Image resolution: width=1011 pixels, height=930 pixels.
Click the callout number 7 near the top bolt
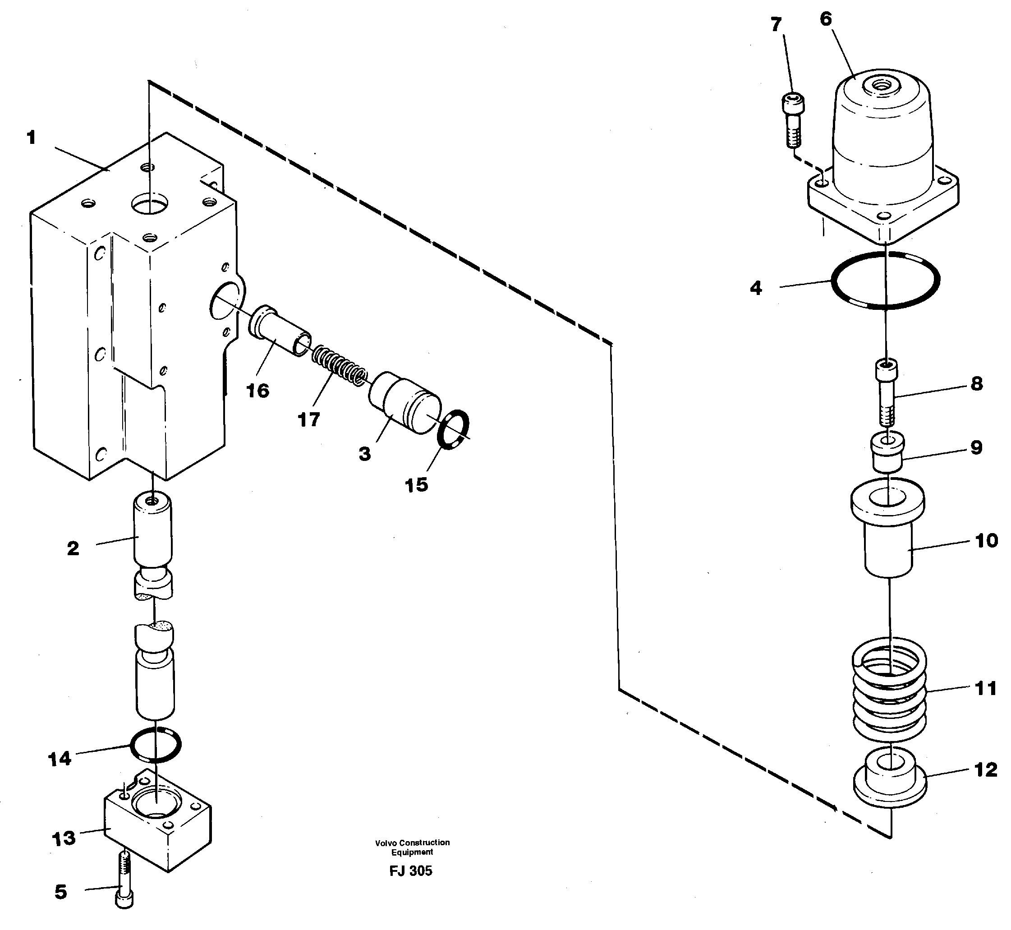coord(776,24)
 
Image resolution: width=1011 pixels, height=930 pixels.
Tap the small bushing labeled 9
coord(888,453)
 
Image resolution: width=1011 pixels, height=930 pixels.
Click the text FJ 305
coord(411,871)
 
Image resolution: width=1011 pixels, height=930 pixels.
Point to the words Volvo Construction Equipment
coord(412,847)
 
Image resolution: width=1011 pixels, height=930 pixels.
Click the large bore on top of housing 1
coord(149,204)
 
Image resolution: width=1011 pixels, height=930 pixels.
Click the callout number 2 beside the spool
coord(73,548)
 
